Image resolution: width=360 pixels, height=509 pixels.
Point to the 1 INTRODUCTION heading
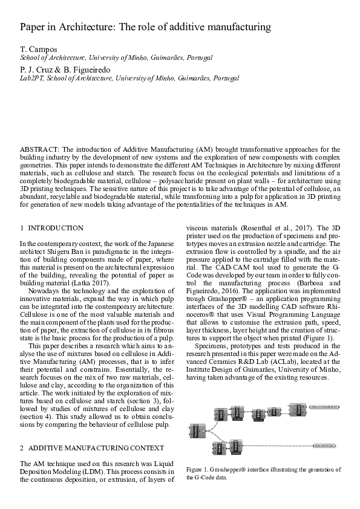(52, 228)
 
